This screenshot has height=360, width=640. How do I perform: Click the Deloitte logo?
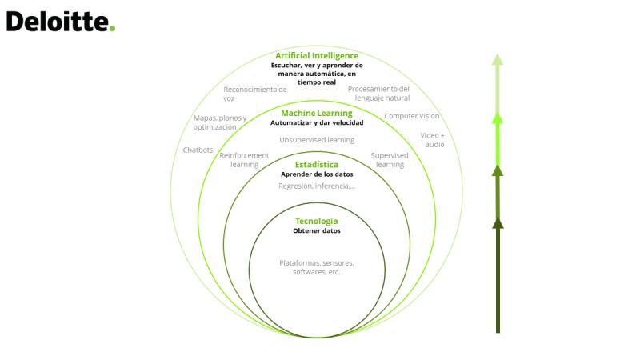click(x=61, y=22)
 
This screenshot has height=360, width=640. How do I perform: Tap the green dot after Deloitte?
click(x=112, y=28)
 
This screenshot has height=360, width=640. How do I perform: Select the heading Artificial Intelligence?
click(x=317, y=55)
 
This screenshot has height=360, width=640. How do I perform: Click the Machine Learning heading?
click(x=317, y=113)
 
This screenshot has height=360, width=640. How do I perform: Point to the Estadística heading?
click(x=317, y=165)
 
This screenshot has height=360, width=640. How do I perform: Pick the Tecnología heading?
click(x=317, y=222)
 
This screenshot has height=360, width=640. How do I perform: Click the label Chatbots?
click(x=198, y=150)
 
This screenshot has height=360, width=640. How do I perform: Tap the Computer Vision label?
click(x=412, y=116)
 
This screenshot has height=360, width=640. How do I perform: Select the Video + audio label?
click(x=433, y=139)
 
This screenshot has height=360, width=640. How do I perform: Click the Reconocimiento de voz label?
click(x=254, y=94)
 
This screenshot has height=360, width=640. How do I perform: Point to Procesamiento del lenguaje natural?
click(x=378, y=94)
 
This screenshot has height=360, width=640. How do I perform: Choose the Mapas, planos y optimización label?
click(x=220, y=122)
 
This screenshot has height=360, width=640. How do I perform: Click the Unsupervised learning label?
click(x=317, y=140)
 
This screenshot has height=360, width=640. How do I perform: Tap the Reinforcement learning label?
click(x=244, y=160)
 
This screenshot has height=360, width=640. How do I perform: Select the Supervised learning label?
click(x=390, y=160)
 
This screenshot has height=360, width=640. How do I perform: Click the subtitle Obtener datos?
click(x=317, y=230)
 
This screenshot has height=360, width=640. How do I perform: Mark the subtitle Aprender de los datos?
click(x=317, y=174)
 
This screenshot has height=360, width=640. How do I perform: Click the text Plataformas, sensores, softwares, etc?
click(x=317, y=267)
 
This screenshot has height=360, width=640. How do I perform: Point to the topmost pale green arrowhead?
click(x=497, y=59)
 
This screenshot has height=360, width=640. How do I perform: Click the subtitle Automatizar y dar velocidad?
click(x=317, y=123)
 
